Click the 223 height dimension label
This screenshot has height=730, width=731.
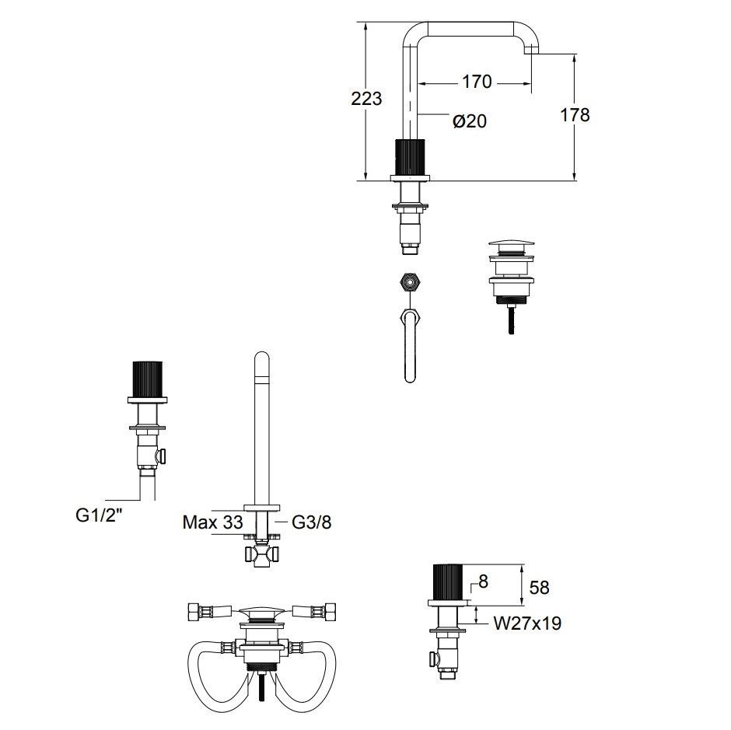point(367,99)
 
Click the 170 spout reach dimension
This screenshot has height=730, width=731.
point(477,81)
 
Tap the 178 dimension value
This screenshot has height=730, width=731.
point(575,115)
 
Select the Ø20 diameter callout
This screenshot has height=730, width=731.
point(469,121)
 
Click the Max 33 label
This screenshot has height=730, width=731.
point(212,522)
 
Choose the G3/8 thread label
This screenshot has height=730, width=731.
point(312,522)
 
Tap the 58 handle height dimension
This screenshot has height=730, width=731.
point(538,588)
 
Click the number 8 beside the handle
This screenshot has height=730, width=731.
point(483,581)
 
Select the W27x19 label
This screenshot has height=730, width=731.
point(526,623)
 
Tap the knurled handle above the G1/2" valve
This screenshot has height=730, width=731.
point(148,379)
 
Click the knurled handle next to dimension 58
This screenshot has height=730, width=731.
point(448,580)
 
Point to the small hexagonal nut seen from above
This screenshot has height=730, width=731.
point(410,281)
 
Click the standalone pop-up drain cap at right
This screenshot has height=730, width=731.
point(511,247)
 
